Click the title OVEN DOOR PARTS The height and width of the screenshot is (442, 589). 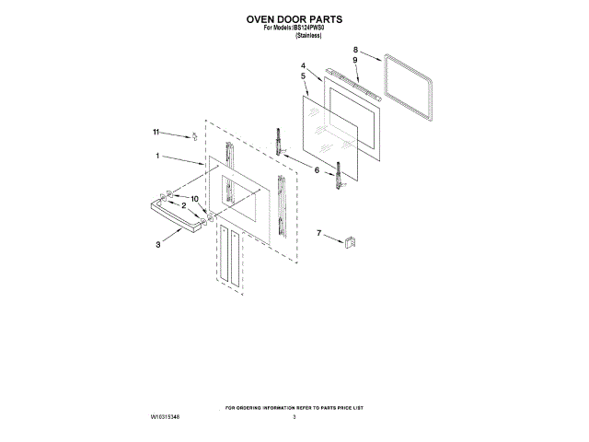tap(294, 17)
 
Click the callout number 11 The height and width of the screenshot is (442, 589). tap(156, 132)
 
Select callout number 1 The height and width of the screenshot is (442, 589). tap(158, 156)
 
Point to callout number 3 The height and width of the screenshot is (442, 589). tap(158, 244)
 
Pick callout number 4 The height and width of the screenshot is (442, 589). tap(302, 65)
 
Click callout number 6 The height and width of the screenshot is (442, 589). tap(317, 170)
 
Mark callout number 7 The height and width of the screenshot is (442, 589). tap(319, 235)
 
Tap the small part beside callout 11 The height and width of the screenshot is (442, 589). tap(194, 136)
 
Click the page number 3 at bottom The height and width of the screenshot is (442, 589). tap(294, 418)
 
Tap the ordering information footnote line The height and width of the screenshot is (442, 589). tap(294, 406)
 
